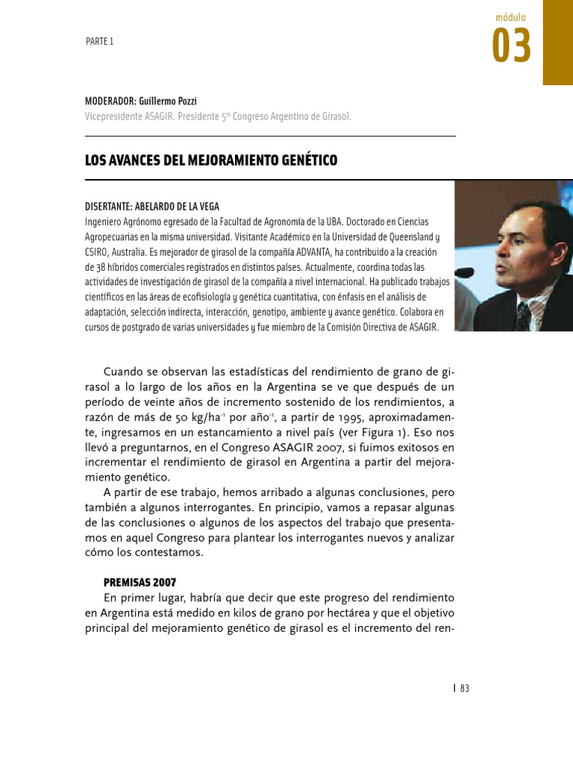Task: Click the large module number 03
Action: [512, 46]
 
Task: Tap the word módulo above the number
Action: [511, 16]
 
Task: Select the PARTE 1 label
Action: [99, 42]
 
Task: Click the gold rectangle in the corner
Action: [557, 42]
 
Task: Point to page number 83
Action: [465, 689]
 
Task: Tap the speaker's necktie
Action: [523, 316]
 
